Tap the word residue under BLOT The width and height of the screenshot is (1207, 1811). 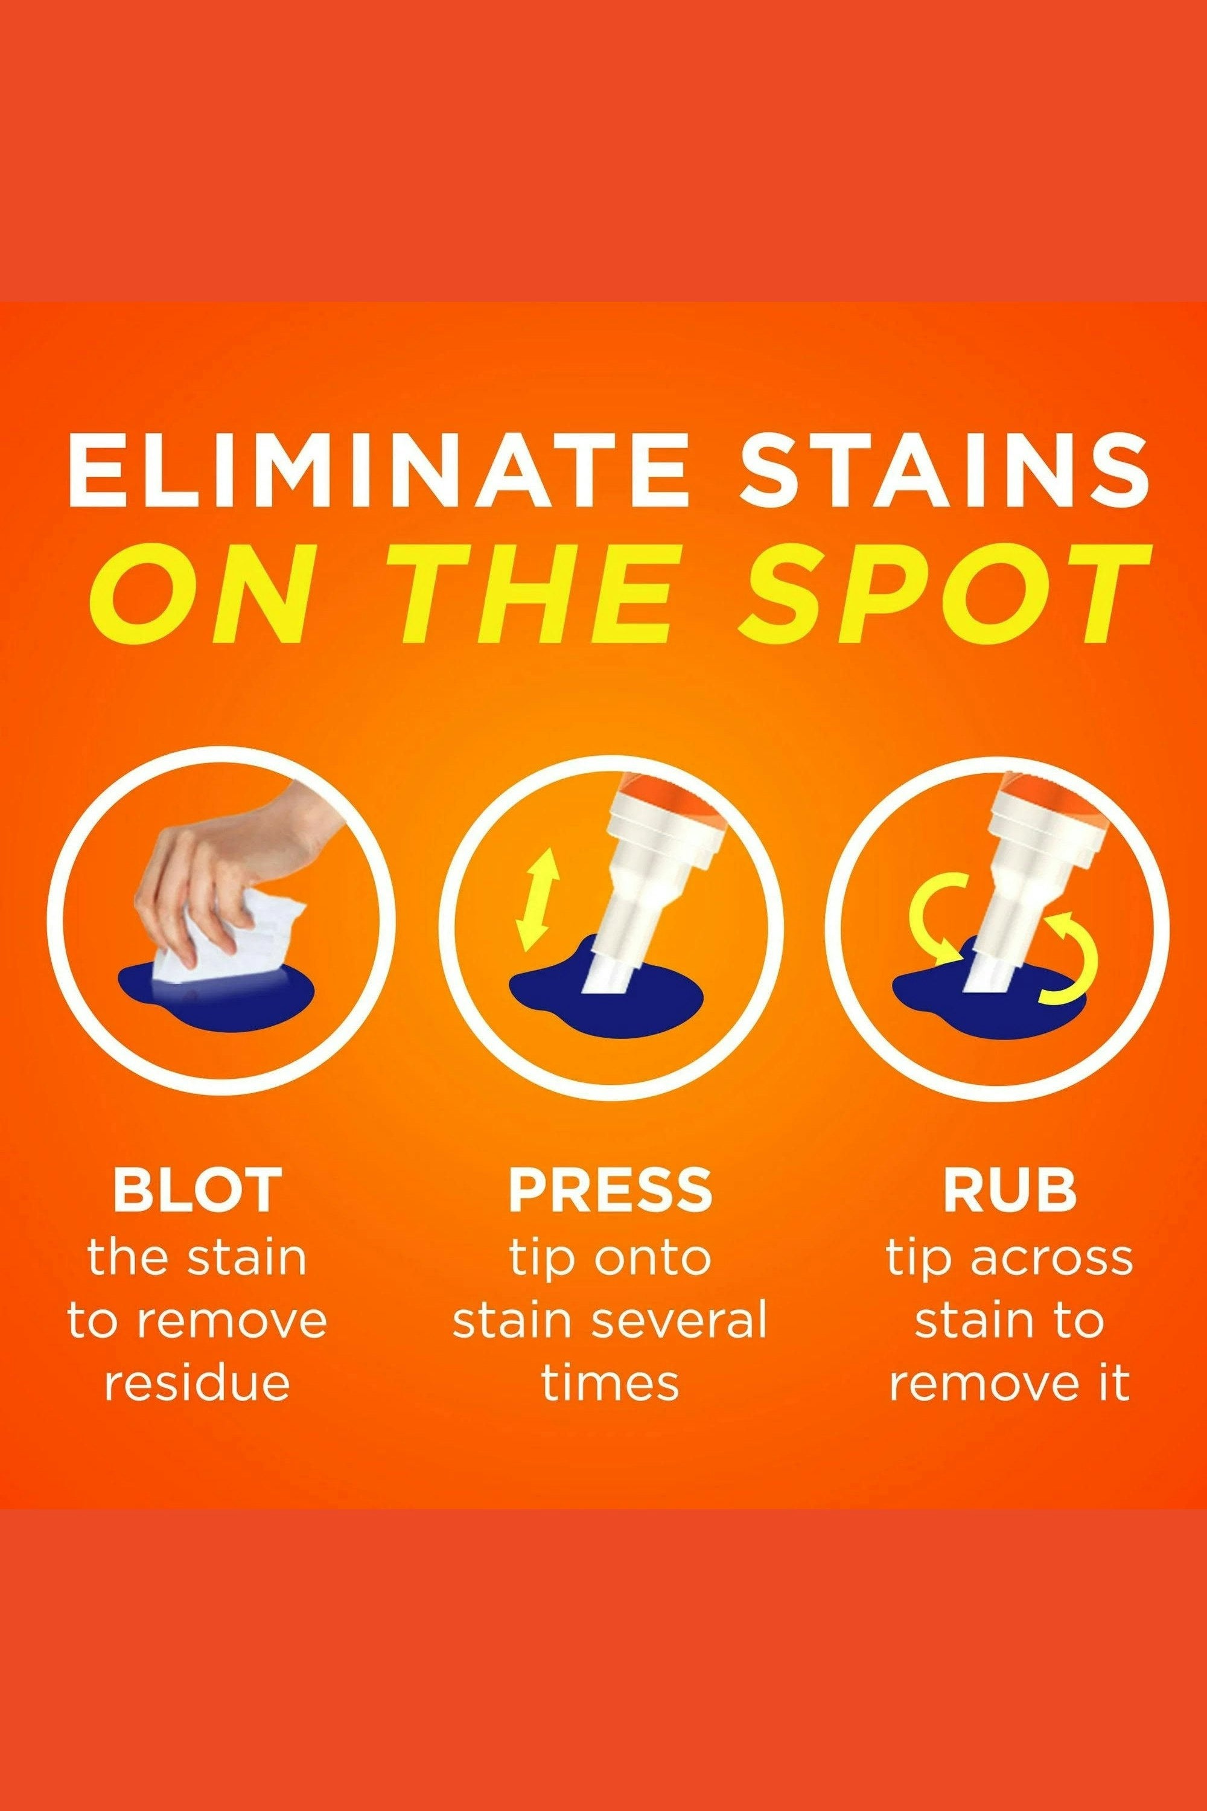(197, 1384)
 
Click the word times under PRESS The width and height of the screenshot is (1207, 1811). (610, 1384)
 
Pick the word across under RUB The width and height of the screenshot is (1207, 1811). (1051, 1257)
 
